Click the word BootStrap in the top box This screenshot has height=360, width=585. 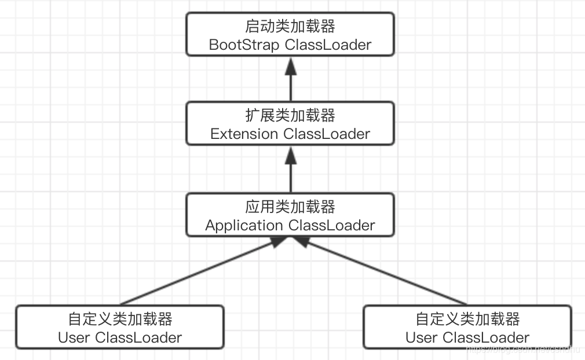point(244,45)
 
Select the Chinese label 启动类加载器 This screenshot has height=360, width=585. point(290,26)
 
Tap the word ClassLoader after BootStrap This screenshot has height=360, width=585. point(328,45)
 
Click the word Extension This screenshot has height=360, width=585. point(244,134)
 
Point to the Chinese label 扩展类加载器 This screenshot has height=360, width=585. point(290,116)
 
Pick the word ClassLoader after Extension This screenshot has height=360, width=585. point(327,134)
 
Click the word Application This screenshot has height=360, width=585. point(244,225)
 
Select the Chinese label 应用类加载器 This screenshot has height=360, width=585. point(290,207)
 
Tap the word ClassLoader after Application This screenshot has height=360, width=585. point(331,225)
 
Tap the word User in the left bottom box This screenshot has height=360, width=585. point(74,337)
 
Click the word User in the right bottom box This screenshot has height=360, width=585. point(422,337)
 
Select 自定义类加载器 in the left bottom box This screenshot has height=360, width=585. point(120,319)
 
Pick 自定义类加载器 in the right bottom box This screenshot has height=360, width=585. point(467,319)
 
